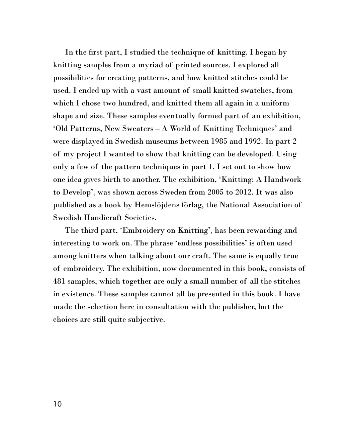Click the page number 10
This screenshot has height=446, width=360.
pos(57,404)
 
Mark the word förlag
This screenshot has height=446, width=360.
pos(193,205)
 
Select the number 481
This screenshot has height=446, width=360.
pos(60,281)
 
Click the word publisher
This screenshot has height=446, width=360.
pos(239,307)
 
